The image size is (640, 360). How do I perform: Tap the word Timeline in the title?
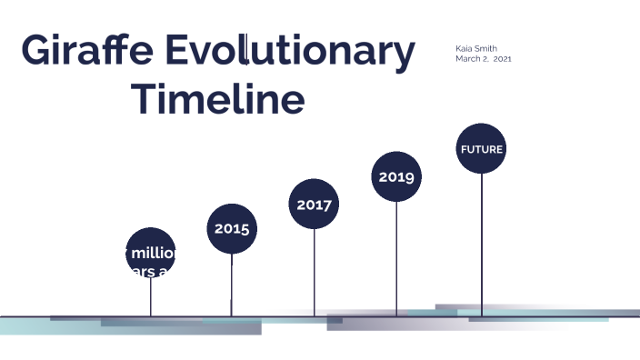click(218, 98)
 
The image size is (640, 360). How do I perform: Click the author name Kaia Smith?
click(476, 48)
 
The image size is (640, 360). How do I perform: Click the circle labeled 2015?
click(232, 228)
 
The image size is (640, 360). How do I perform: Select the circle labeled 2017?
click(314, 204)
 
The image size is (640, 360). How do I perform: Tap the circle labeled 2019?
click(396, 176)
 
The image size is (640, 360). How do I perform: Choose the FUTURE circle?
click(481, 149)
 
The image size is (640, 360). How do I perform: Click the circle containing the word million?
click(150, 253)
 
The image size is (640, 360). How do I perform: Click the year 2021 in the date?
click(515, 58)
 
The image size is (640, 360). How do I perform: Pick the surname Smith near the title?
click(486, 48)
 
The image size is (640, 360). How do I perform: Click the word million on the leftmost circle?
click(155, 252)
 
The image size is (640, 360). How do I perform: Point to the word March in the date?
click(468, 58)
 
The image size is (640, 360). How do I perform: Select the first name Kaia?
click(464, 48)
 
